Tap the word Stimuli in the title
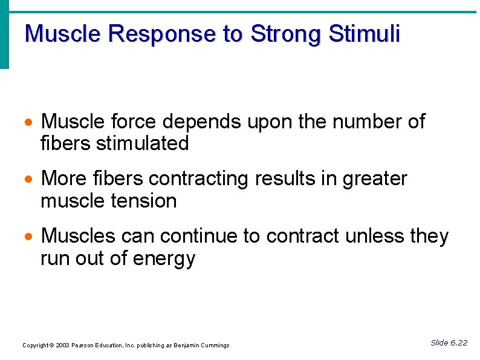(364, 34)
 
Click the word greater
(375, 180)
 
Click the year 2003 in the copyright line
(62, 345)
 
